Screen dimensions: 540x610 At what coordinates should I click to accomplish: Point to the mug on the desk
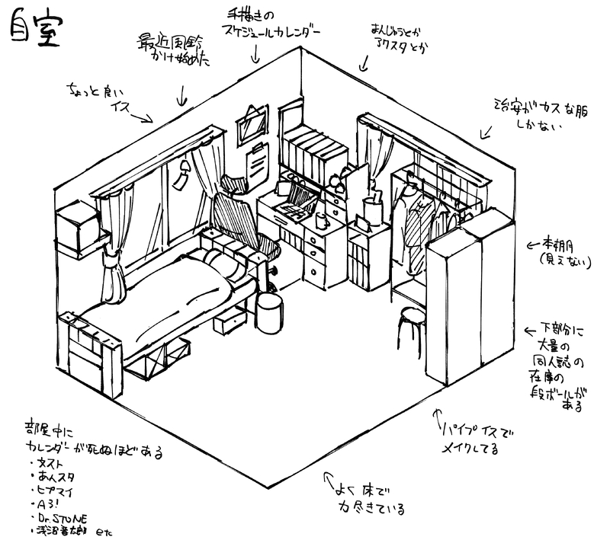321,221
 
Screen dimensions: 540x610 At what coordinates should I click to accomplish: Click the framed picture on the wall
252,123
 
